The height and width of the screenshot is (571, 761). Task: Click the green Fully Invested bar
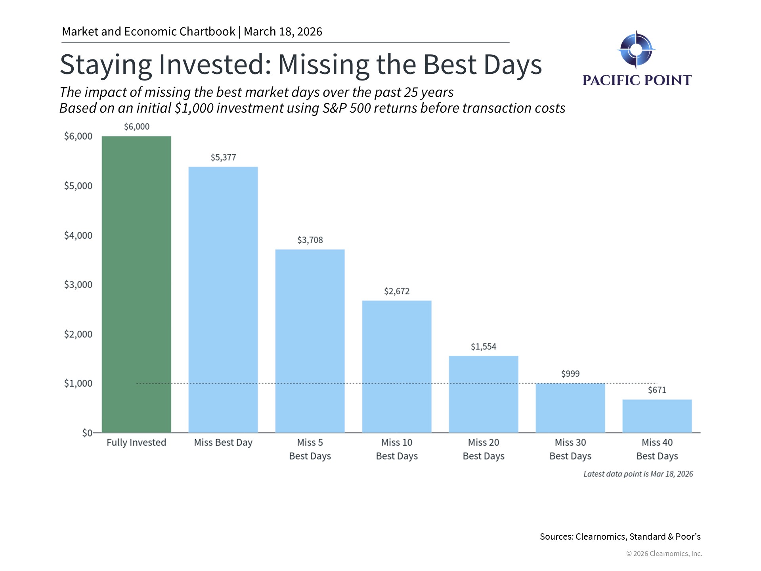click(136, 284)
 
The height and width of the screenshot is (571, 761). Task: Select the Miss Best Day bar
click(223, 299)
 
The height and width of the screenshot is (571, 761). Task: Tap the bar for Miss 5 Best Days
click(310, 341)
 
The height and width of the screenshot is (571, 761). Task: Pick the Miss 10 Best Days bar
click(397, 366)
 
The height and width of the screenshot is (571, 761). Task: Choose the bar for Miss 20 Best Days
click(484, 394)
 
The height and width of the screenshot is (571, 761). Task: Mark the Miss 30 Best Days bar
click(570, 408)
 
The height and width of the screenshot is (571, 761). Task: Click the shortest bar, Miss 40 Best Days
click(657, 416)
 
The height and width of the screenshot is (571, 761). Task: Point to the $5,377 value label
click(223, 157)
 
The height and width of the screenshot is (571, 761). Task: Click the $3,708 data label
click(310, 240)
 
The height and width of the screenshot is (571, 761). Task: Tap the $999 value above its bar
click(570, 374)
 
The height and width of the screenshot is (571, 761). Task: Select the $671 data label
click(657, 390)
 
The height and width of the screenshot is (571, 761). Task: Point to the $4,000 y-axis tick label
click(78, 236)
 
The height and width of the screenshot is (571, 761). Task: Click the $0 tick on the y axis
click(87, 433)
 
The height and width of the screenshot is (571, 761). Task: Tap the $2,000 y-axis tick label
click(78, 334)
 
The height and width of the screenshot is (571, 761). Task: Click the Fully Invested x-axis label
click(136, 443)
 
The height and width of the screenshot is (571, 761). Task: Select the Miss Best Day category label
click(223, 443)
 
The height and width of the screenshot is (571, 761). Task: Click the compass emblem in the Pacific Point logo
click(636, 50)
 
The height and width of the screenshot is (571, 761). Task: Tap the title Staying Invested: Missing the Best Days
click(300, 64)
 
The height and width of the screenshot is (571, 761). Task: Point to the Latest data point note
click(638, 474)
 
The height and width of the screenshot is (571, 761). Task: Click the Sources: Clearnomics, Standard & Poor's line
click(620, 537)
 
